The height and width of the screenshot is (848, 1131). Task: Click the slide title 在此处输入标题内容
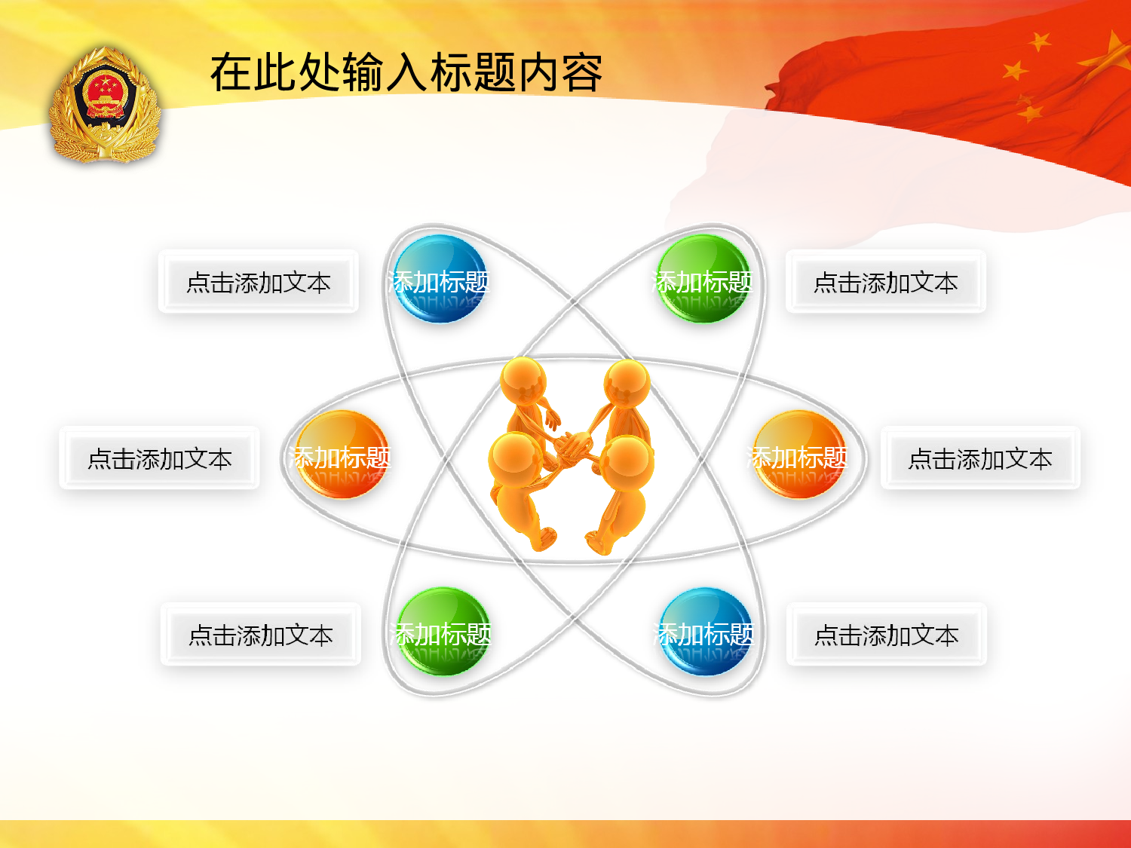tap(406, 73)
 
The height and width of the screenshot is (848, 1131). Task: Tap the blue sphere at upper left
tap(440, 280)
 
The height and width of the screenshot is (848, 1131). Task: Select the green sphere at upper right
tap(703, 280)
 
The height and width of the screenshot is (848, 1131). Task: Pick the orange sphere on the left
tap(342, 455)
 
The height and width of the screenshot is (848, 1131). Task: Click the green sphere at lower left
tap(443, 632)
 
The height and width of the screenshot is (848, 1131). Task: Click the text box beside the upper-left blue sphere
tap(259, 282)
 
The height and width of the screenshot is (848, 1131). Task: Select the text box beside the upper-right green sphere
tap(886, 282)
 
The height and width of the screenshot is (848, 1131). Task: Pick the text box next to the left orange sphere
tap(159, 458)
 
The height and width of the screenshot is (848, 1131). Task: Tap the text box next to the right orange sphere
tap(980, 458)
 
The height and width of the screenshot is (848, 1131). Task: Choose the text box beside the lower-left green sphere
tap(261, 635)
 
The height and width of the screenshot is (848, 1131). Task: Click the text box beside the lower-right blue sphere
tap(887, 635)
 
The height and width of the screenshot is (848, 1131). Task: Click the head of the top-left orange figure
tap(523, 381)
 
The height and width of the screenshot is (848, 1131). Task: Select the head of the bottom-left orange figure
tap(514, 458)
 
